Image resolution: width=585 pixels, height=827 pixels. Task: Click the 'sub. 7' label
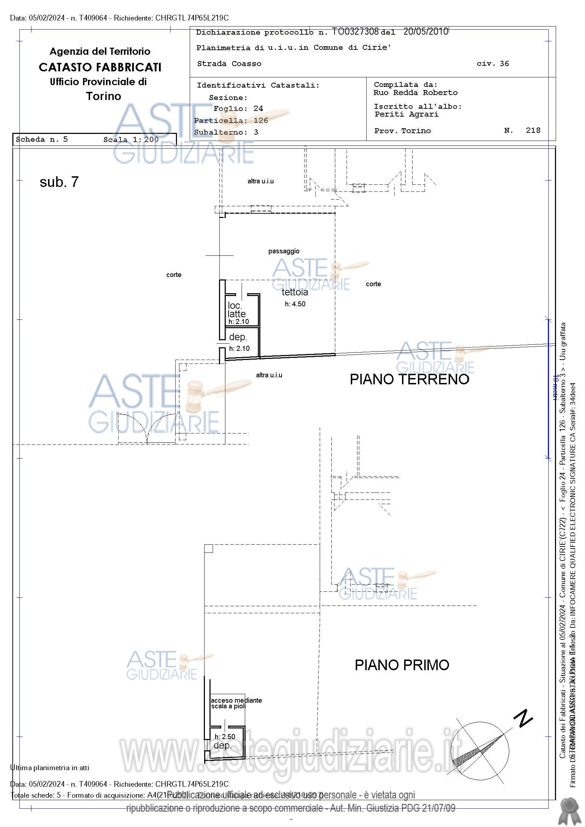[59, 182]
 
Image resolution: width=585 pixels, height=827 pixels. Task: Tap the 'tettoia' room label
[295, 292]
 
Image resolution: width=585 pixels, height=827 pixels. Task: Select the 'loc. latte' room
[236, 310]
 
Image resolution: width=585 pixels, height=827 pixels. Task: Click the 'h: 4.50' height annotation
[295, 304]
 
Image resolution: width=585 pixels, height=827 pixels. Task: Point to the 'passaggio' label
[284, 251]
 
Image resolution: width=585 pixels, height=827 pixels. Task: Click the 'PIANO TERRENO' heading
[409, 379]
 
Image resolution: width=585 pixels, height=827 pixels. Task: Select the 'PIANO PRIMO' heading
[402, 665]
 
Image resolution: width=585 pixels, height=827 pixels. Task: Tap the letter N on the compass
[523, 718]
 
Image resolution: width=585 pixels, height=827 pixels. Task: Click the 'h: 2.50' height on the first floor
[225, 737]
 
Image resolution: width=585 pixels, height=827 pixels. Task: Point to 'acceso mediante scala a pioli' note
[236, 703]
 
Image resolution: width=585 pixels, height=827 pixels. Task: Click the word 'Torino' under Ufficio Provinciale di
[104, 96]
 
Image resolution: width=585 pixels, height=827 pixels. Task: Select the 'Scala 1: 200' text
[131, 140]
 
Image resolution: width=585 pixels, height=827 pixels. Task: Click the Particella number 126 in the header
[261, 120]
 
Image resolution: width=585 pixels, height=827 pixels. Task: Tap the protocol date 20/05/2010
[425, 31]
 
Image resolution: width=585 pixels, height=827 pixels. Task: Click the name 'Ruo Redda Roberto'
[415, 93]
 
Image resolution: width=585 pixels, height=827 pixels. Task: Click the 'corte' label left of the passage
[173, 275]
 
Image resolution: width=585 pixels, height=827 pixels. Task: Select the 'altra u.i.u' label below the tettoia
[269, 375]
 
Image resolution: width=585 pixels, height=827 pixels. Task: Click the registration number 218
[533, 130]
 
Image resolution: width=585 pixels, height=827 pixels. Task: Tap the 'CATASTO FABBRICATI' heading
[100, 67]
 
